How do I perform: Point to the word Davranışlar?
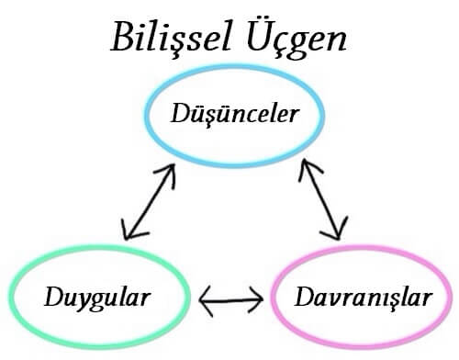(361, 297)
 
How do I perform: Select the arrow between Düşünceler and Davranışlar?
(324, 198)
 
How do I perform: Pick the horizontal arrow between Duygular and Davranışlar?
(231, 298)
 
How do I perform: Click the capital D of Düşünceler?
(180, 114)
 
